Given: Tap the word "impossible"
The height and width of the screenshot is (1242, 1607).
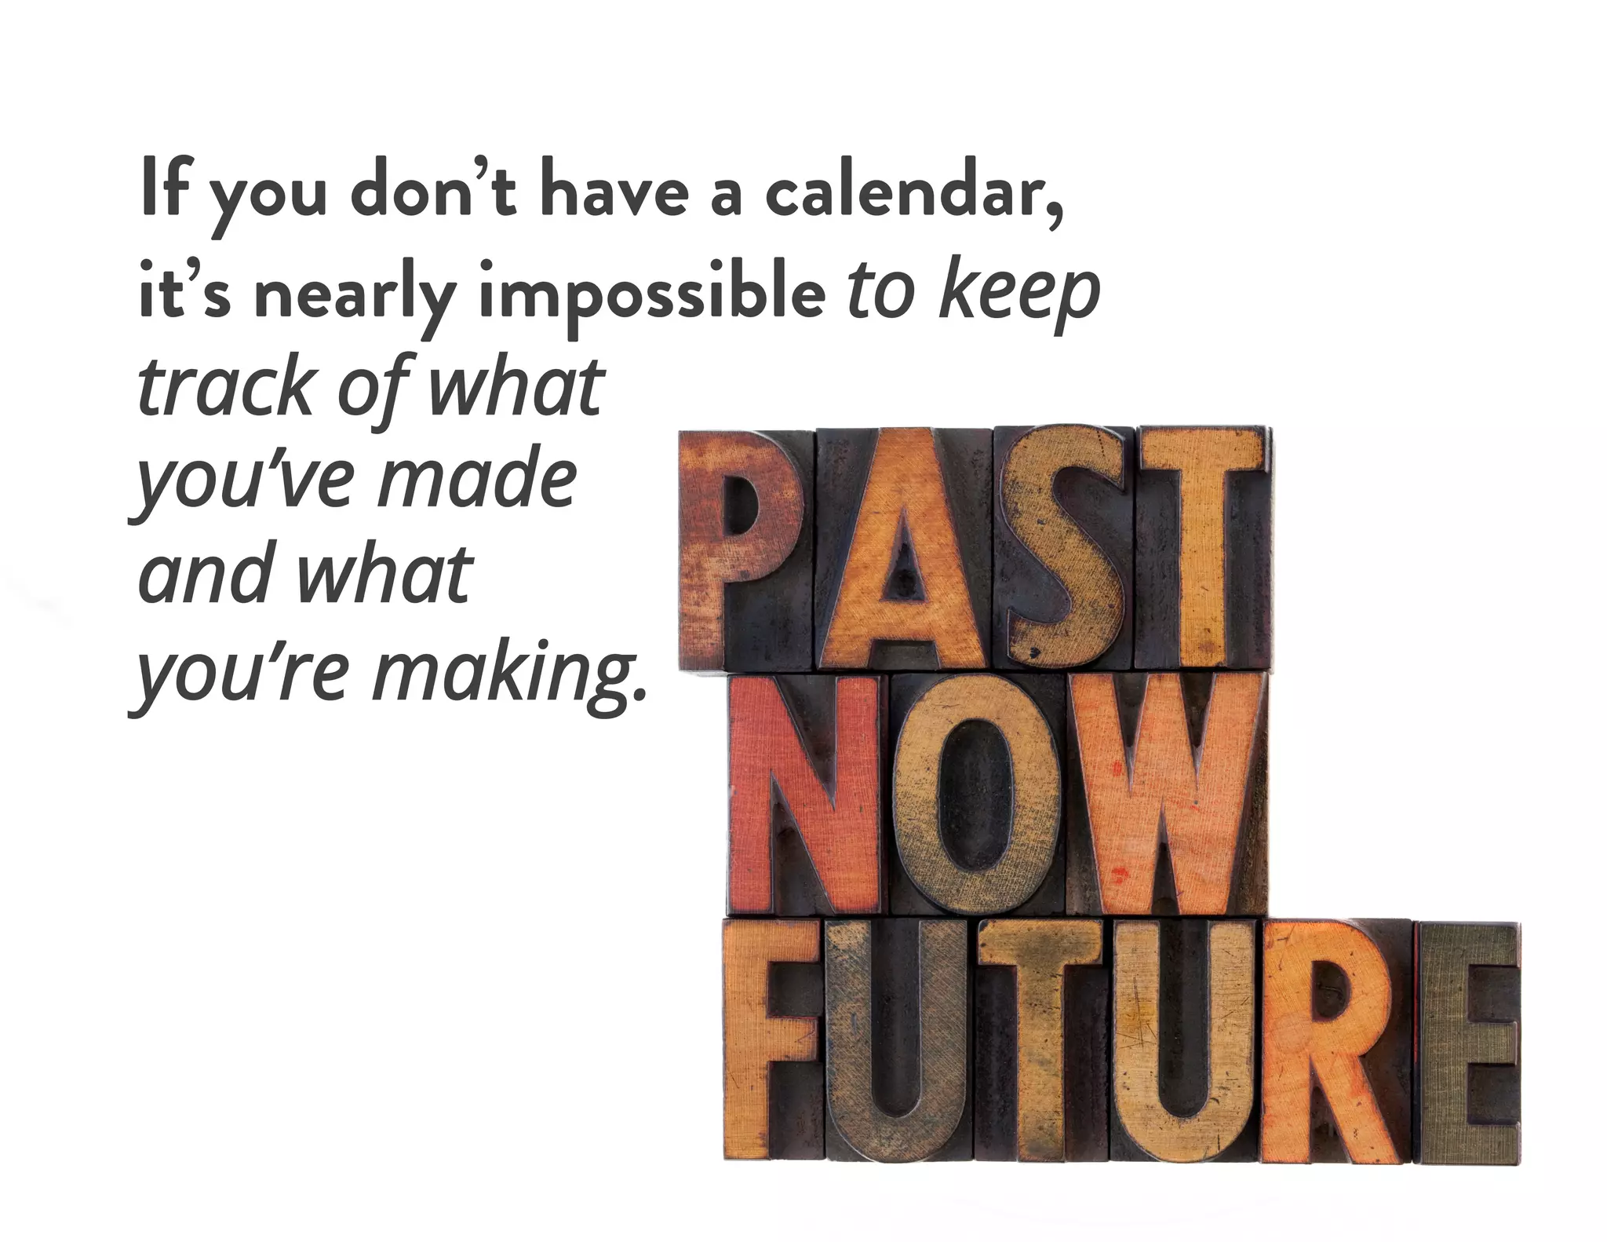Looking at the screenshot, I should pos(652,294).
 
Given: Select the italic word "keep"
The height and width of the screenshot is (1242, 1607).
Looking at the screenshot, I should pos(1019,292).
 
